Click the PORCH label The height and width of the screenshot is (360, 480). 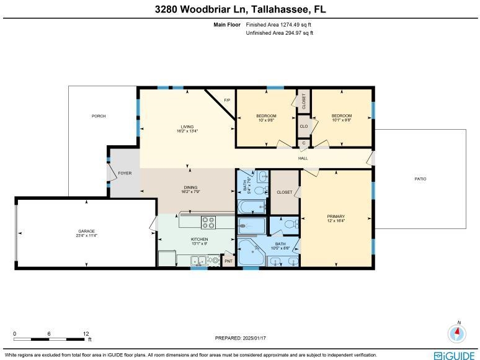click(x=99, y=116)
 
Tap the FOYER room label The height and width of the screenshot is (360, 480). click(x=125, y=173)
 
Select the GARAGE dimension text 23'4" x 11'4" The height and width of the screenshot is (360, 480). click(x=87, y=236)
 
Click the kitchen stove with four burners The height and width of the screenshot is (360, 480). click(x=208, y=222)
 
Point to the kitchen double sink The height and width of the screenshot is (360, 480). click(x=198, y=261)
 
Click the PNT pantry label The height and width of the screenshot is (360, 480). click(x=229, y=261)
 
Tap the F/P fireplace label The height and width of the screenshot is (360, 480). click(x=227, y=100)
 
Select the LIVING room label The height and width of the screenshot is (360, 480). click(x=187, y=127)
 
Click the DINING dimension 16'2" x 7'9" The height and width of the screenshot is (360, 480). click(x=190, y=192)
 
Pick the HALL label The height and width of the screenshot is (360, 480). click(x=303, y=158)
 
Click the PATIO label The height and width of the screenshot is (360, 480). click(x=420, y=179)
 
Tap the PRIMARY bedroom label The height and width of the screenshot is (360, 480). click(x=336, y=216)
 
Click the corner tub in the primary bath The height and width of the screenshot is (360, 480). click(x=251, y=253)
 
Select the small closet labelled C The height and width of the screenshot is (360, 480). click(x=304, y=143)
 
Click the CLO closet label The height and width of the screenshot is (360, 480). click(x=304, y=126)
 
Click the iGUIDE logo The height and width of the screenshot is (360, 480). click(x=454, y=356)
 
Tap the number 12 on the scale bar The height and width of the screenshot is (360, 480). click(x=86, y=334)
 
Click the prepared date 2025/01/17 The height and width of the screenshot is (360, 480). click(x=254, y=338)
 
